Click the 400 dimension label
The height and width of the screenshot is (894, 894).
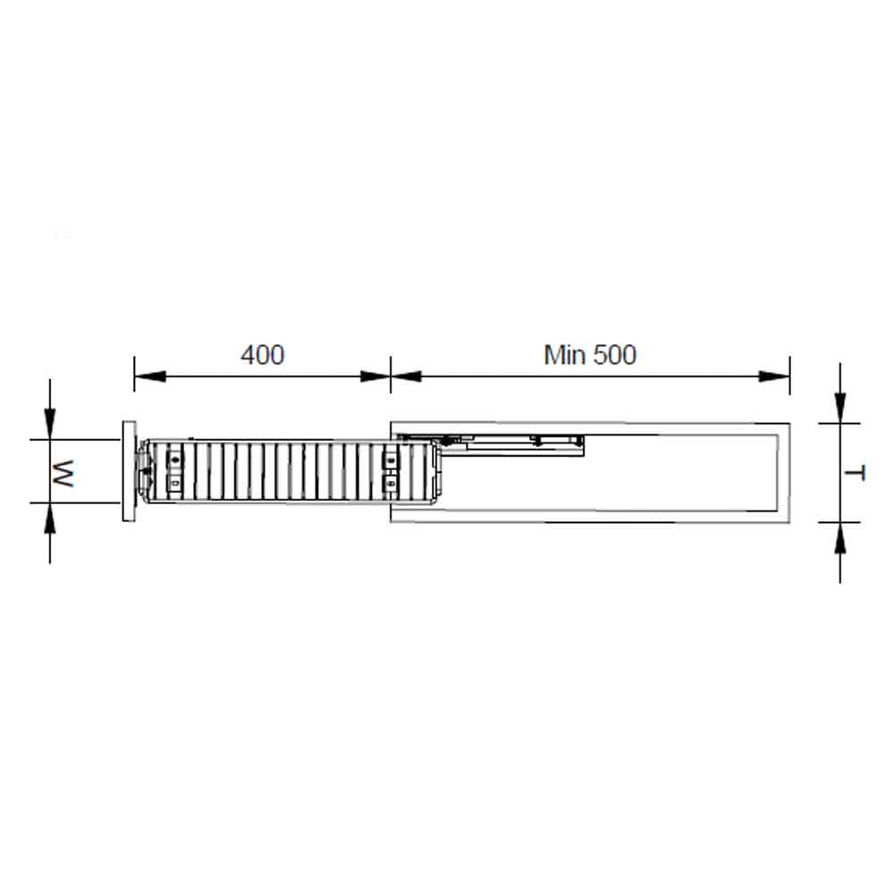(262, 355)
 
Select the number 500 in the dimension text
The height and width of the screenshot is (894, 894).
(615, 355)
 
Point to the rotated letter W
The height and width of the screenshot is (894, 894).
(63, 473)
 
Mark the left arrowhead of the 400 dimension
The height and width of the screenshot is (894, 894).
(150, 376)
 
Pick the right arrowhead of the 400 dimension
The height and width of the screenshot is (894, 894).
(375, 376)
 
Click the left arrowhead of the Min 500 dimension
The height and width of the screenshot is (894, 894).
(407, 376)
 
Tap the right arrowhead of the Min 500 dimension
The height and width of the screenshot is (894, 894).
(773, 376)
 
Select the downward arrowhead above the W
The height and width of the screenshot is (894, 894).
(50, 424)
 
